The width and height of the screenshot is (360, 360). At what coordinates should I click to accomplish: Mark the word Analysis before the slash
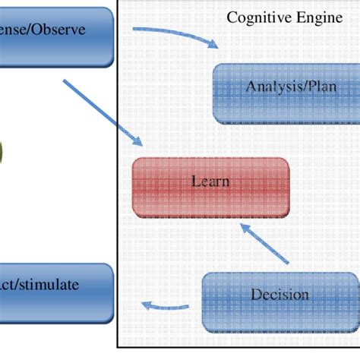coord(271,87)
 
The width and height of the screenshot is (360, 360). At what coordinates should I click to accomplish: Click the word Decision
coord(279,295)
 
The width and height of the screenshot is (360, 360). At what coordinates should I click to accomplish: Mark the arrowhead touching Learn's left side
coord(139,142)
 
